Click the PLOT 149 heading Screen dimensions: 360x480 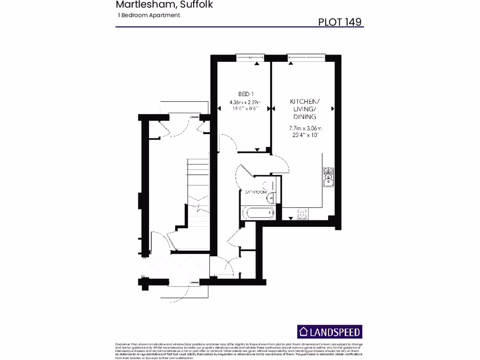click(339, 21)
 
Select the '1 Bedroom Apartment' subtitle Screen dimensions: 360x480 click(150, 15)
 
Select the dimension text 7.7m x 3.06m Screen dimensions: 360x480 click(305, 128)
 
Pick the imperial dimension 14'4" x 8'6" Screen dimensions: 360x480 click(245, 108)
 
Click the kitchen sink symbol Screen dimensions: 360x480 click(329, 177)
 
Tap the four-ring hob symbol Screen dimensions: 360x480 click(302, 214)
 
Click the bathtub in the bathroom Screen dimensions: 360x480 click(259, 212)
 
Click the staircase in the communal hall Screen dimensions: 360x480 click(198, 180)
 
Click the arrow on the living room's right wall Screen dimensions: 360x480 click(333, 109)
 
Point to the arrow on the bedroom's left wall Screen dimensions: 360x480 click(219, 109)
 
